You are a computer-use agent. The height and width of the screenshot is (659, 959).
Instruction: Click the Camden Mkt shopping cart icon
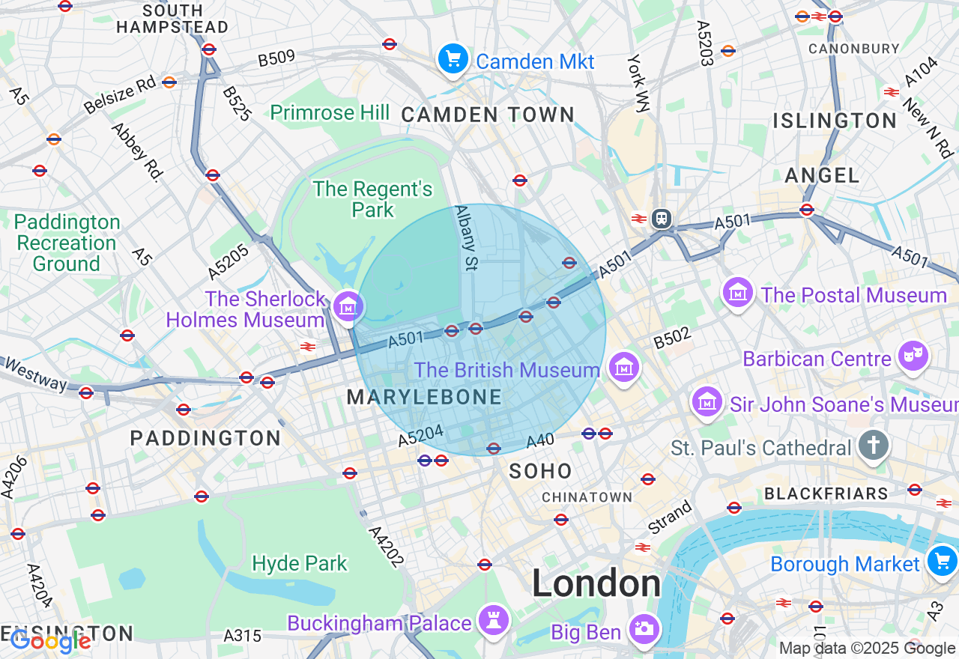(x=453, y=59)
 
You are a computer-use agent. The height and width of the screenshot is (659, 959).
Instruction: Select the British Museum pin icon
(x=623, y=368)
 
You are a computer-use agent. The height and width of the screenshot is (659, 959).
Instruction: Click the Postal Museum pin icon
(x=739, y=293)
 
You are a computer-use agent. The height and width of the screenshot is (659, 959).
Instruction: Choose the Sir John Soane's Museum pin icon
(x=707, y=403)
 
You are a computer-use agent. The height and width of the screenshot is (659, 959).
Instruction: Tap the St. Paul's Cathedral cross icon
(x=874, y=446)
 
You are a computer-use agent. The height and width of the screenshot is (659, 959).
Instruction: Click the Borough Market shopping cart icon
(x=942, y=561)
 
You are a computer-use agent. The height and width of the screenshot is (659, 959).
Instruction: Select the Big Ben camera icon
(x=644, y=630)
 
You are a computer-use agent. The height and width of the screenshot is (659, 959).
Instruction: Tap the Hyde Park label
(x=300, y=563)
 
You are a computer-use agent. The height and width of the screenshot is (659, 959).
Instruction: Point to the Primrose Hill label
(x=330, y=112)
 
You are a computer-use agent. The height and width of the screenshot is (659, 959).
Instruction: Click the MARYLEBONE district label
(x=424, y=398)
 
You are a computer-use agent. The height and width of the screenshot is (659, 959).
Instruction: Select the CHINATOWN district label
(x=587, y=497)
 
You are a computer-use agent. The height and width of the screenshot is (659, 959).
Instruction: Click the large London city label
(x=596, y=583)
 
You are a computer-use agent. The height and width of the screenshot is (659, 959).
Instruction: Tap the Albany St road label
(x=465, y=238)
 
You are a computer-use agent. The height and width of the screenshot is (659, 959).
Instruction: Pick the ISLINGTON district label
(x=835, y=121)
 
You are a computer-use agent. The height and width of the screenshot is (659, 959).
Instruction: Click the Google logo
(x=50, y=641)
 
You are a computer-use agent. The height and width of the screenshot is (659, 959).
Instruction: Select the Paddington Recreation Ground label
(x=67, y=243)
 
